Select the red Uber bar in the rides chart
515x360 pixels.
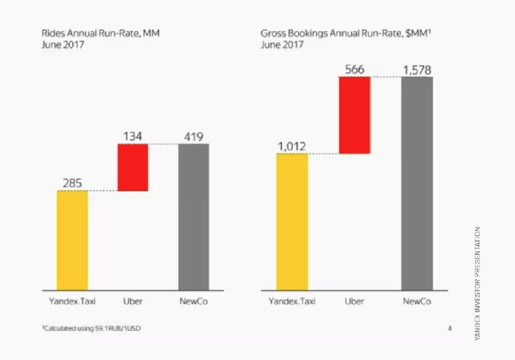[133, 167]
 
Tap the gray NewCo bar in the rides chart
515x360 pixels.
[193, 217]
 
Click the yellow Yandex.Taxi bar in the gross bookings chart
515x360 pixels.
[292, 222]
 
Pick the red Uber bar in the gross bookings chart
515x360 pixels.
[354, 115]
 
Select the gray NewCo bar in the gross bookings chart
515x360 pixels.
[417, 184]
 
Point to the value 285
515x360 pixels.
[72, 183]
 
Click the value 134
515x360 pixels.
[133, 136]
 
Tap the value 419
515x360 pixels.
[193, 136]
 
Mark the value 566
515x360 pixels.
[355, 69]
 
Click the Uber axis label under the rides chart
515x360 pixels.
[133, 301]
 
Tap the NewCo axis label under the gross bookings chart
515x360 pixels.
[417, 301]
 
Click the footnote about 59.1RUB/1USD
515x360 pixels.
[92, 329]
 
